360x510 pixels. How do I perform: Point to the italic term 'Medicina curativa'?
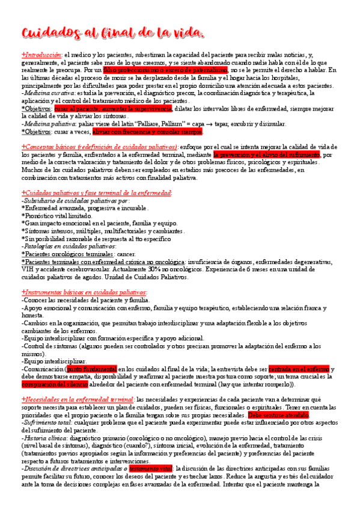48,93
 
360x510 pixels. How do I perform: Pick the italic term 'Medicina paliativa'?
49,124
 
